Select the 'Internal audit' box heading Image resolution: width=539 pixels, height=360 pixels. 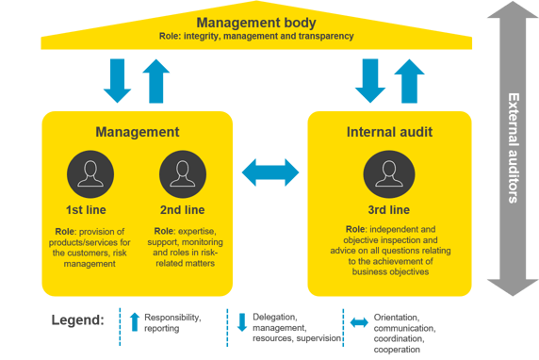[x=390, y=132]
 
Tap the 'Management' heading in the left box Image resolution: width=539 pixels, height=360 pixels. [x=138, y=132]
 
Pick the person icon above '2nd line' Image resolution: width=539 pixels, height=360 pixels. [x=183, y=174]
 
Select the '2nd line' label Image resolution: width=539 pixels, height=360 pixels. [x=183, y=208]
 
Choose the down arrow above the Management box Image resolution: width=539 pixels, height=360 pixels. [x=118, y=80]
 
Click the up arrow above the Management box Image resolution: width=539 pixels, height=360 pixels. [x=158, y=80]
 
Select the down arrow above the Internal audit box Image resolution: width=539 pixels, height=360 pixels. [x=369, y=80]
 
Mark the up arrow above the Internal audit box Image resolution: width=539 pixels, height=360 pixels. [x=410, y=80]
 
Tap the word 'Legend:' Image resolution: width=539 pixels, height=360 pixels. [x=77, y=321]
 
